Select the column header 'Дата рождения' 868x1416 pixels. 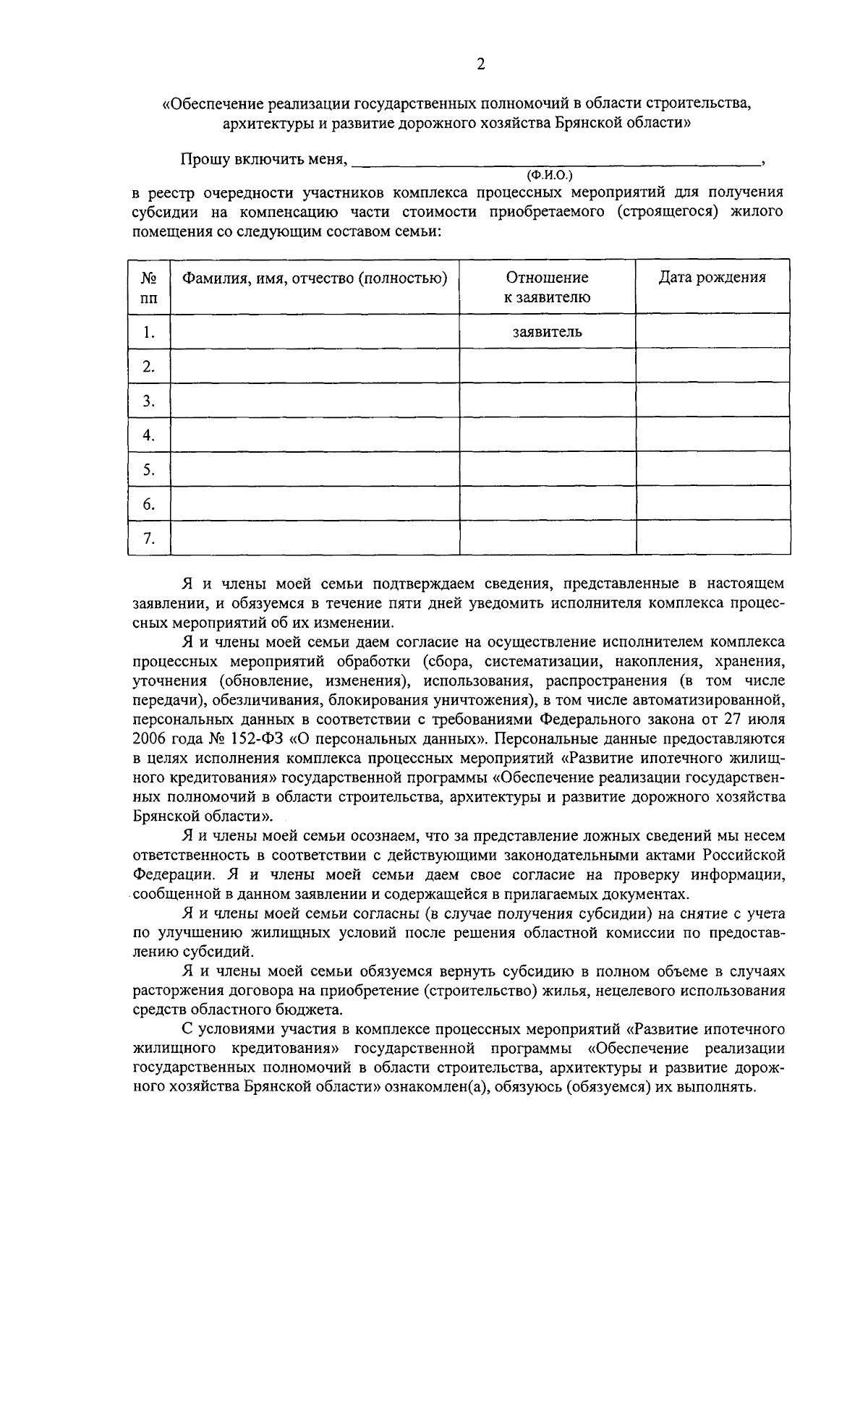pyautogui.click(x=712, y=278)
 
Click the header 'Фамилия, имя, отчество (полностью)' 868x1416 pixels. pyautogui.click(x=314, y=278)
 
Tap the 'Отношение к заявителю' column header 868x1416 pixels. pyautogui.click(x=547, y=287)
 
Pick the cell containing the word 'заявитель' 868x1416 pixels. pyautogui.click(x=547, y=332)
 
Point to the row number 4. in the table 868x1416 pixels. pyautogui.click(x=149, y=435)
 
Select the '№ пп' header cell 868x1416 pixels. pyautogui.click(x=149, y=287)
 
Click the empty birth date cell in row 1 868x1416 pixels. pyautogui.click(x=712, y=331)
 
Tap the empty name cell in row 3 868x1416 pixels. pyautogui.click(x=314, y=401)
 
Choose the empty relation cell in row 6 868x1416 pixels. pyautogui.click(x=547, y=504)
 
